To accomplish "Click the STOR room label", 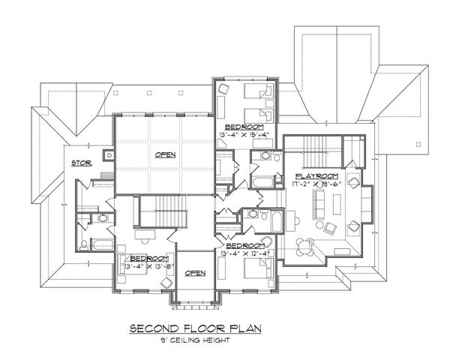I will [81, 162].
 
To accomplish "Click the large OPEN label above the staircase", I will [165, 155].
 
